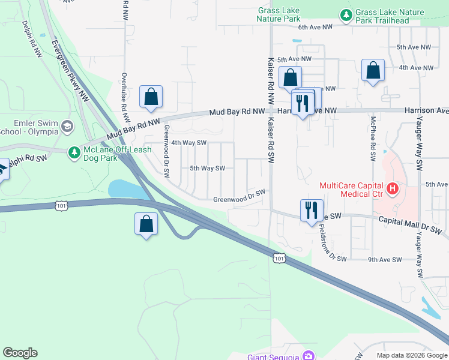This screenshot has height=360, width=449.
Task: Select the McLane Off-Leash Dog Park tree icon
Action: coord(74,153)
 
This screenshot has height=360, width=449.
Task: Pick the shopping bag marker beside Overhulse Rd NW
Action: coord(151,97)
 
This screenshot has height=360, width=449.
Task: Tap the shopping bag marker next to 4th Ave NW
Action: coord(373,70)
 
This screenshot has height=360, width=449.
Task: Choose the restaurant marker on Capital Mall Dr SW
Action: coord(310,211)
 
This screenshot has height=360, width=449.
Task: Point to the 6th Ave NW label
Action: coord(315,27)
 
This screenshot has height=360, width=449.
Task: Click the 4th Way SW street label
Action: coord(189,143)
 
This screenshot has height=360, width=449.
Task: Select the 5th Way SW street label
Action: coord(207,169)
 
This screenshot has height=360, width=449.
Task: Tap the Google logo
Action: coord(20,353)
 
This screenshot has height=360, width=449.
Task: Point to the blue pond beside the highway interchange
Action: coord(128,189)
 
